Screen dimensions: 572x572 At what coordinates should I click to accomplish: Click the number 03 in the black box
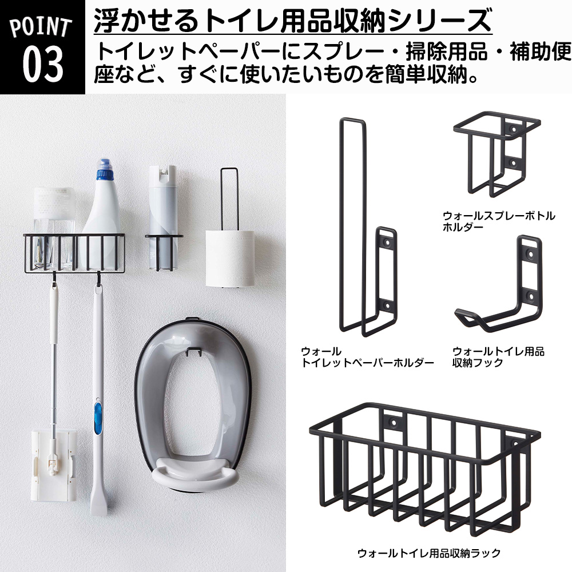coord(43,64)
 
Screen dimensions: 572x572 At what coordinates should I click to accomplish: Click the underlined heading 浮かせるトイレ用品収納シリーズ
coord(292,22)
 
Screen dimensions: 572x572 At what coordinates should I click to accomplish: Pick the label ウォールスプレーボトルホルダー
coord(498,221)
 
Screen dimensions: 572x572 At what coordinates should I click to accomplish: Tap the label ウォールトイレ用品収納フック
coord(498,356)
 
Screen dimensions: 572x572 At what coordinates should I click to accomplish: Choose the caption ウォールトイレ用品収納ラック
coord(428,553)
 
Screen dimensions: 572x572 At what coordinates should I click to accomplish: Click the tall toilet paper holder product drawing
coord(366,229)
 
